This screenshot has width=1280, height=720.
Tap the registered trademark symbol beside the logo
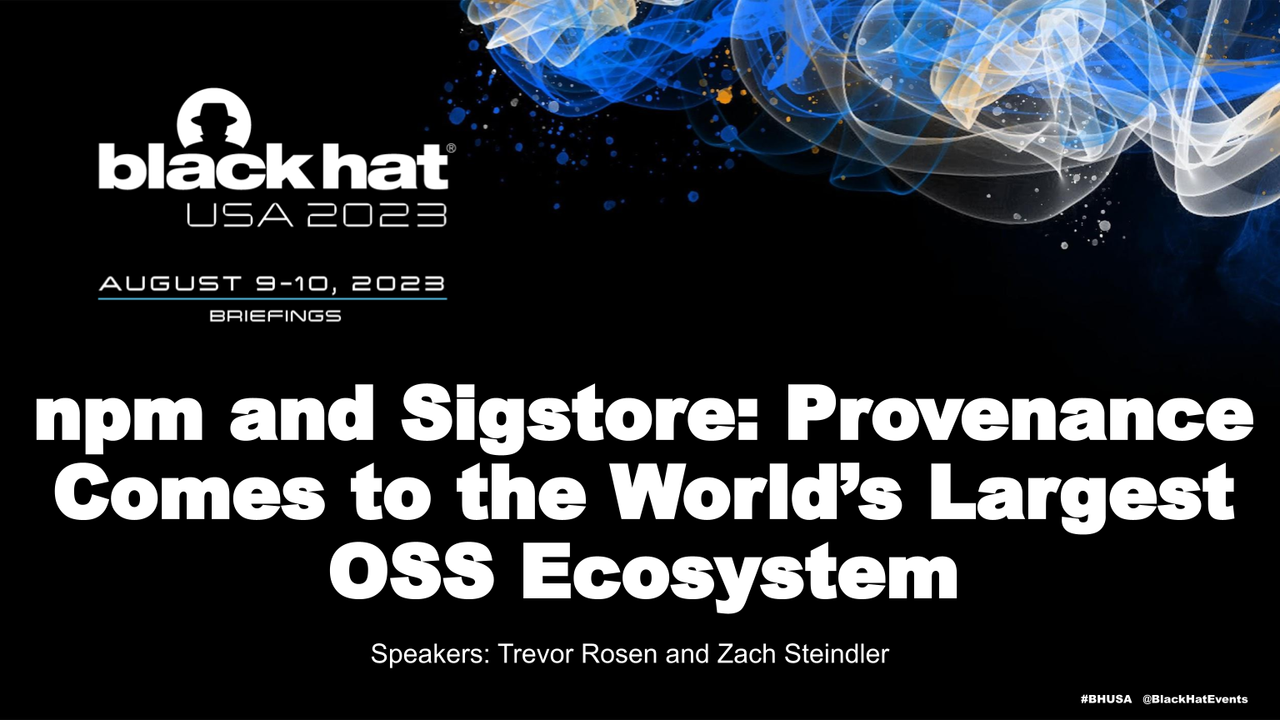[451, 148]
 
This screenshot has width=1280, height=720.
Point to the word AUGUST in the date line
[170, 283]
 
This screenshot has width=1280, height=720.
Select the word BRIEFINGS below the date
[276, 316]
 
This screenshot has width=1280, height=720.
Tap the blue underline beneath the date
[272, 298]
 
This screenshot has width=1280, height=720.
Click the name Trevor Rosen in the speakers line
[577, 654]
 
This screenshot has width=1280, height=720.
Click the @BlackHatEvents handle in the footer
[1195, 699]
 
